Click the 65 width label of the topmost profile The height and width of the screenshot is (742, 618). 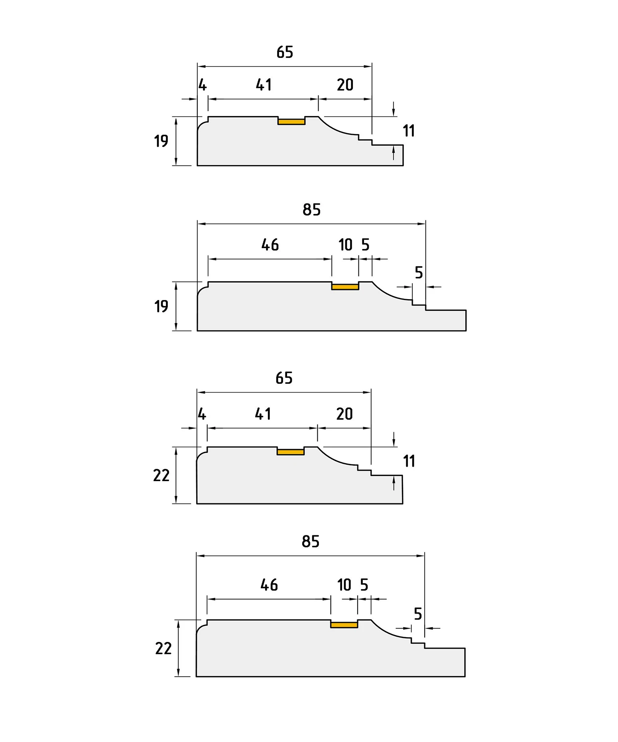(x=285, y=52)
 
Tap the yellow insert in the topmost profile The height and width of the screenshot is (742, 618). (x=291, y=122)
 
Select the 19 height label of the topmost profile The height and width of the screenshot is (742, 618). (x=161, y=141)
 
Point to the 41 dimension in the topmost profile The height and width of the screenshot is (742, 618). (x=264, y=85)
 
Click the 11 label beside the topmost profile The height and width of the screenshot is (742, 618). (x=409, y=131)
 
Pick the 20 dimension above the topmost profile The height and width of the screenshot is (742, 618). (x=345, y=85)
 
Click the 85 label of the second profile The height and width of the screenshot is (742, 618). (x=311, y=210)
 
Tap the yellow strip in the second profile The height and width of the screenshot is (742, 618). (x=345, y=287)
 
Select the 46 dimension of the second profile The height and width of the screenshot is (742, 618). (x=270, y=245)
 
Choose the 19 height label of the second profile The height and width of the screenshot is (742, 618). (x=161, y=307)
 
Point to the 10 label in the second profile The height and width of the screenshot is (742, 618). (x=345, y=245)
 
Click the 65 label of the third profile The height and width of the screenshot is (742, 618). (x=284, y=378)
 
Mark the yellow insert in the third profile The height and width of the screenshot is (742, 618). (x=291, y=452)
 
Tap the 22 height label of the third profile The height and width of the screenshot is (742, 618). (x=161, y=476)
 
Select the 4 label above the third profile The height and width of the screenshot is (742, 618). (x=202, y=414)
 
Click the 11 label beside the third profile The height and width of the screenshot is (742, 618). (x=409, y=461)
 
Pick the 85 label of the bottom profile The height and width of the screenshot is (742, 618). (x=311, y=542)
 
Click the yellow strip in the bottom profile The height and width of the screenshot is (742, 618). (x=344, y=625)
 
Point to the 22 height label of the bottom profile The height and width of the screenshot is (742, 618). (x=163, y=649)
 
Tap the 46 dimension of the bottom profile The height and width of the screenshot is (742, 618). (x=269, y=585)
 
